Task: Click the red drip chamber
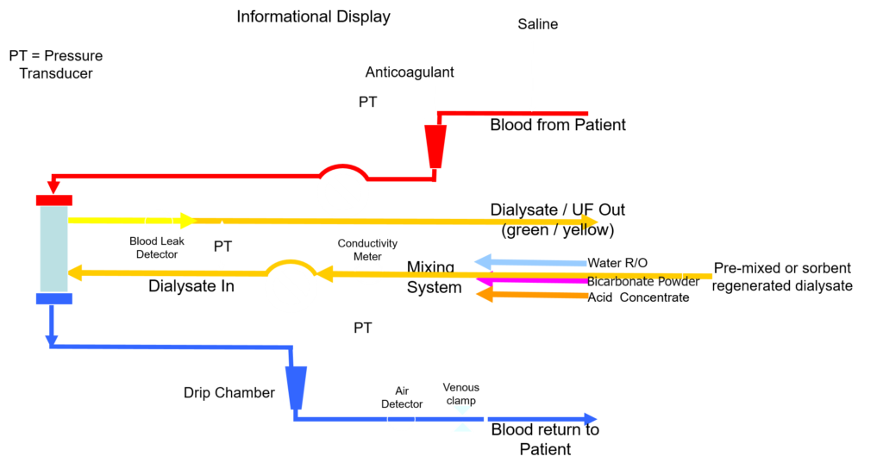click(435, 146)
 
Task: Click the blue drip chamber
click(296, 387)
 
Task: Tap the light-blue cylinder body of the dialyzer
click(53, 248)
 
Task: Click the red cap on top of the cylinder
click(53, 200)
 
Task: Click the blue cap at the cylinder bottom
click(53, 298)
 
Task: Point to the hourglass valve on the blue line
click(462, 418)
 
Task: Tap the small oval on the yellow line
click(159, 222)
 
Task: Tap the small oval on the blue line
click(401, 419)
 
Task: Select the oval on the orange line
click(369, 272)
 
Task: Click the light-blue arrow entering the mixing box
click(530, 262)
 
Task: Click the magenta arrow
click(530, 281)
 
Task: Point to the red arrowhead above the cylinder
click(53, 185)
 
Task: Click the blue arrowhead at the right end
click(591, 419)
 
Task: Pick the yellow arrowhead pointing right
click(187, 221)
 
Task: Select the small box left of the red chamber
click(367, 102)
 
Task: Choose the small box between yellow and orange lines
click(222, 246)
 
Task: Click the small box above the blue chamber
click(363, 328)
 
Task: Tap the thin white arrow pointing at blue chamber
click(247, 400)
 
